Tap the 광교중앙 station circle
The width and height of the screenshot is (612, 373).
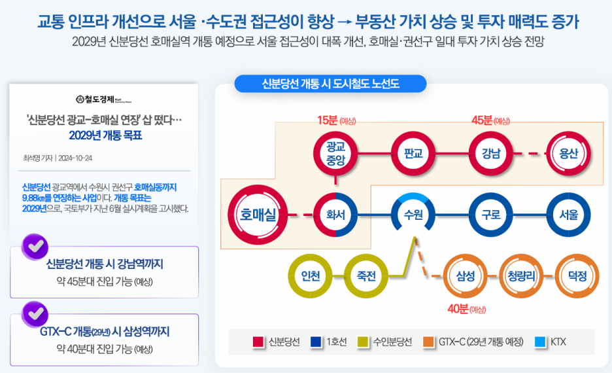pos(335,153)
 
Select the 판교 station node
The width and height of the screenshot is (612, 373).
pos(413,153)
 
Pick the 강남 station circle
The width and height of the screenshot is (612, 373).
pos(491,153)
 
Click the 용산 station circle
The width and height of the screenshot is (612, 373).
pos(568,153)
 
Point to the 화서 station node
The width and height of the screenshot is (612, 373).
pos(335,214)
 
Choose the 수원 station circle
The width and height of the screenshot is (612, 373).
pos(413,214)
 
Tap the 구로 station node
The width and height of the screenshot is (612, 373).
pos(491,214)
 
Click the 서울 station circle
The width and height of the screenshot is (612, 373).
pos(568,214)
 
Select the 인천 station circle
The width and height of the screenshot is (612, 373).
pos(311,275)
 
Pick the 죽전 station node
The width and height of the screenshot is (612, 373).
pos(366,275)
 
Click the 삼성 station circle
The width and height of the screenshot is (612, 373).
pos(466,275)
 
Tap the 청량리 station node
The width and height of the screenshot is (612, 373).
pos(521,275)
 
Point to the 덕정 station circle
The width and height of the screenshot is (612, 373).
pos(577,275)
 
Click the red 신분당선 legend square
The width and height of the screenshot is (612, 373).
pos(258,342)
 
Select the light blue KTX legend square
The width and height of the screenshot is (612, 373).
pos(540,342)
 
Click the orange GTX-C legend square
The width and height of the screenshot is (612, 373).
pos(429,342)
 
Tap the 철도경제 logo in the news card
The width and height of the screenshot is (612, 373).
pos(103,99)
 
